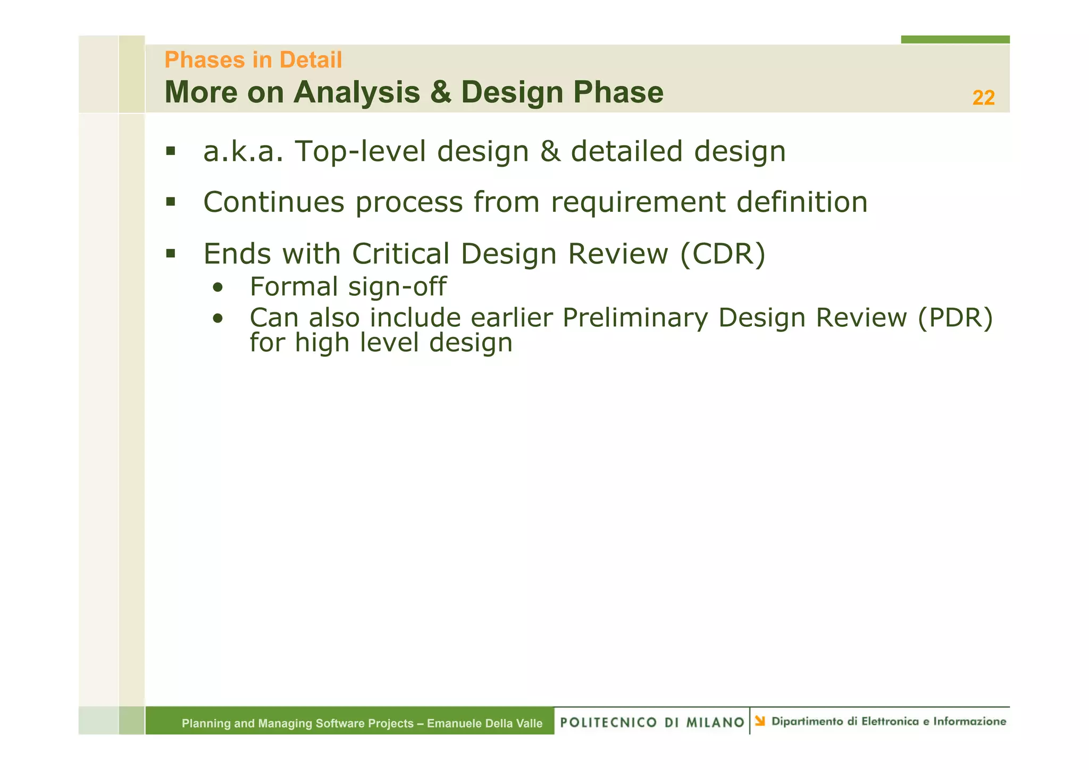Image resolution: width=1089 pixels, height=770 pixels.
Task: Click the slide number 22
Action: [x=983, y=98]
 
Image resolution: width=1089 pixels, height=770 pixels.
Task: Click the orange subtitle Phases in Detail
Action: [x=253, y=60]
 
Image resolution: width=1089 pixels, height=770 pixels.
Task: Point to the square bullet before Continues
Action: [x=170, y=202]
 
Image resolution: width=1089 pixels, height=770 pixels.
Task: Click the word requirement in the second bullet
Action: [x=638, y=203]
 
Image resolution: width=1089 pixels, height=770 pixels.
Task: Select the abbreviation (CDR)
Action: [x=723, y=254]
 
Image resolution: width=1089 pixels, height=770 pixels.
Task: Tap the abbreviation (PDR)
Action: [x=955, y=318]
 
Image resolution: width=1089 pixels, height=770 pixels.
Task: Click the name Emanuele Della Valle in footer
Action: [x=484, y=723]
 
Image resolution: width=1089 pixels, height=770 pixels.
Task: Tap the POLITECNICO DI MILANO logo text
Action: [x=652, y=722]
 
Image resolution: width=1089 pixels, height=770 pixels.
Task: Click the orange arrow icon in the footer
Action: [x=760, y=721]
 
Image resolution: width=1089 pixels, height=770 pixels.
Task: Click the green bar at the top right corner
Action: [x=954, y=39]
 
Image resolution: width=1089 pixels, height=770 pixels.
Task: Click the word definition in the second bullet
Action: [x=801, y=203]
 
